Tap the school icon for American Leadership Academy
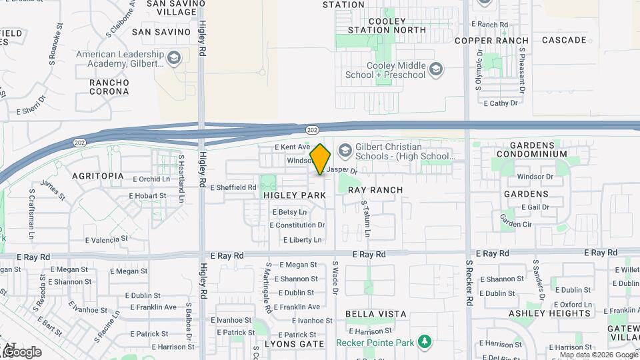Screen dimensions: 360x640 (x=173, y=59)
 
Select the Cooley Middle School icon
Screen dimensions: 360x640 (x=435, y=69)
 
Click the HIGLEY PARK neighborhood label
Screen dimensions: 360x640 (x=294, y=195)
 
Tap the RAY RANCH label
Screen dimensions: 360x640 (x=375, y=190)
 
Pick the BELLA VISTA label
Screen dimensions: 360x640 (x=376, y=313)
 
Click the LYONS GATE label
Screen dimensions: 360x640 (x=294, y=344)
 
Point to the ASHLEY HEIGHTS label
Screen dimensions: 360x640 (x=541, y=313)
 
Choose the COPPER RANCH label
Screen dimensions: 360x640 (x=491, y=41)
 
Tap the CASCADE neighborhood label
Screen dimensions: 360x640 (x=564, y=40)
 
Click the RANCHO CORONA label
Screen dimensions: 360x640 (x=109, y=87)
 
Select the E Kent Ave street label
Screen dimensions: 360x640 (x=292, y=147)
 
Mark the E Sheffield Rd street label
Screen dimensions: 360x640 (x=233, y=188)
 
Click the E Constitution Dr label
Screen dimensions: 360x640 (x=297, y=225)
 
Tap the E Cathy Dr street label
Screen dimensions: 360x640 (x=501, y=103)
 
